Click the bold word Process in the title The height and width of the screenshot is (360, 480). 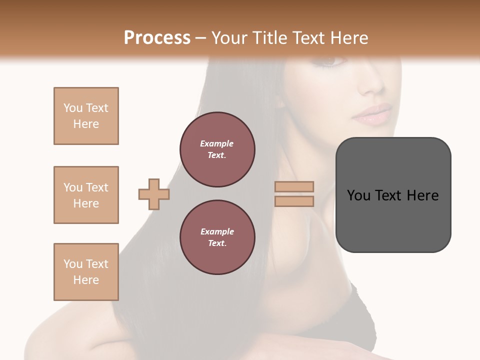pyautogui.click(x=157, y=37)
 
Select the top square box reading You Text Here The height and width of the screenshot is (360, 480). pyautogui.click(x=86, y=116)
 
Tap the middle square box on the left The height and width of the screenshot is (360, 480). pyautogui.click(x=86, y=195)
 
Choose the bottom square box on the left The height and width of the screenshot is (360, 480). pyautogui.click(x=86, y=272)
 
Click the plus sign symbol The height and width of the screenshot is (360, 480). pyautogui.click(x=154, y=194)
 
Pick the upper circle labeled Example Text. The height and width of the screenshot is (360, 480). pyautogui.click(x=217, y=149)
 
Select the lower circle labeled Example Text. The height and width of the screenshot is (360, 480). pyautogui.click(x=217, y=237)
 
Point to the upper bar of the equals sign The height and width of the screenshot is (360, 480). pyautogui.click(x=294, y=186)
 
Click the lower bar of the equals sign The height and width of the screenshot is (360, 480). pyautogui.click(x=294, y=201)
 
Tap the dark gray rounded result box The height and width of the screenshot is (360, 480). pyautogui.click(x=393, y=195)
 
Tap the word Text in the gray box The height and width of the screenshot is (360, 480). pyautogui.click(x=391, y=195)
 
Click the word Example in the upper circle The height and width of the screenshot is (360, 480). pyautogui.click(x=217, y=143)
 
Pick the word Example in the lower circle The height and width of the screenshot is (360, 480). pyautogui.click(x=217, y=231)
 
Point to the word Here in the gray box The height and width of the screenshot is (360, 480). pyautogui.click(x=422, y=195)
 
